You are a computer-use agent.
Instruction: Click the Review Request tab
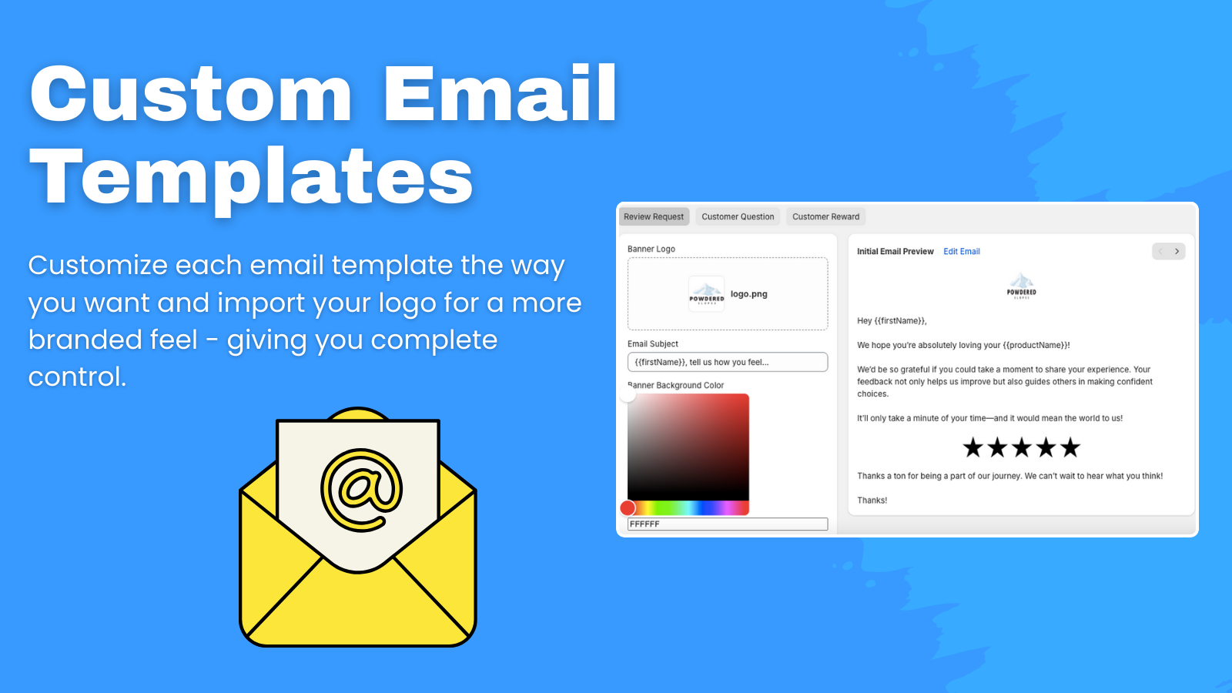tap(653, 217)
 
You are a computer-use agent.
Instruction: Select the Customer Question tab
tap(738, 217)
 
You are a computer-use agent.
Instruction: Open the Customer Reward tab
tap(825, 217)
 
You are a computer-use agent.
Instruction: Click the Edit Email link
tap(962, 252)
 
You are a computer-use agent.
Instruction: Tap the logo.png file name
tap(748, 294)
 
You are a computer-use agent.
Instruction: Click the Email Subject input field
tap(727, 362)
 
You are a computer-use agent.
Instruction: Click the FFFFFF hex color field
tap(727, 524)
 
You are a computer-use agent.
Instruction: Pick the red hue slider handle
tap(628, 507)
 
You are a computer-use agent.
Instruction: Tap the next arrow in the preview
tap(1177, 252)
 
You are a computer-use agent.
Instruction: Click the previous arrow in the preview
tap(1160, 252)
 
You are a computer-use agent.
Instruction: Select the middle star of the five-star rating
tap(1022, 447)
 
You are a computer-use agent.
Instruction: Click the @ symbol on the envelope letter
tap(361, 490)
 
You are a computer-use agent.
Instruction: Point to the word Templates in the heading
tap(250, 178)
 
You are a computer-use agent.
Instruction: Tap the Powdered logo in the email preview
tap(1021, 285)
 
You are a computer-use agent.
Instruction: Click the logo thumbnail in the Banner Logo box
tap(706, 294)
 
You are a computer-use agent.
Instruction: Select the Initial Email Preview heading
tap(895, 252)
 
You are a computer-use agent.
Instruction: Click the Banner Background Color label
tap(676, 386)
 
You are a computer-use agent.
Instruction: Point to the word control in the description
tap(76, 377)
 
